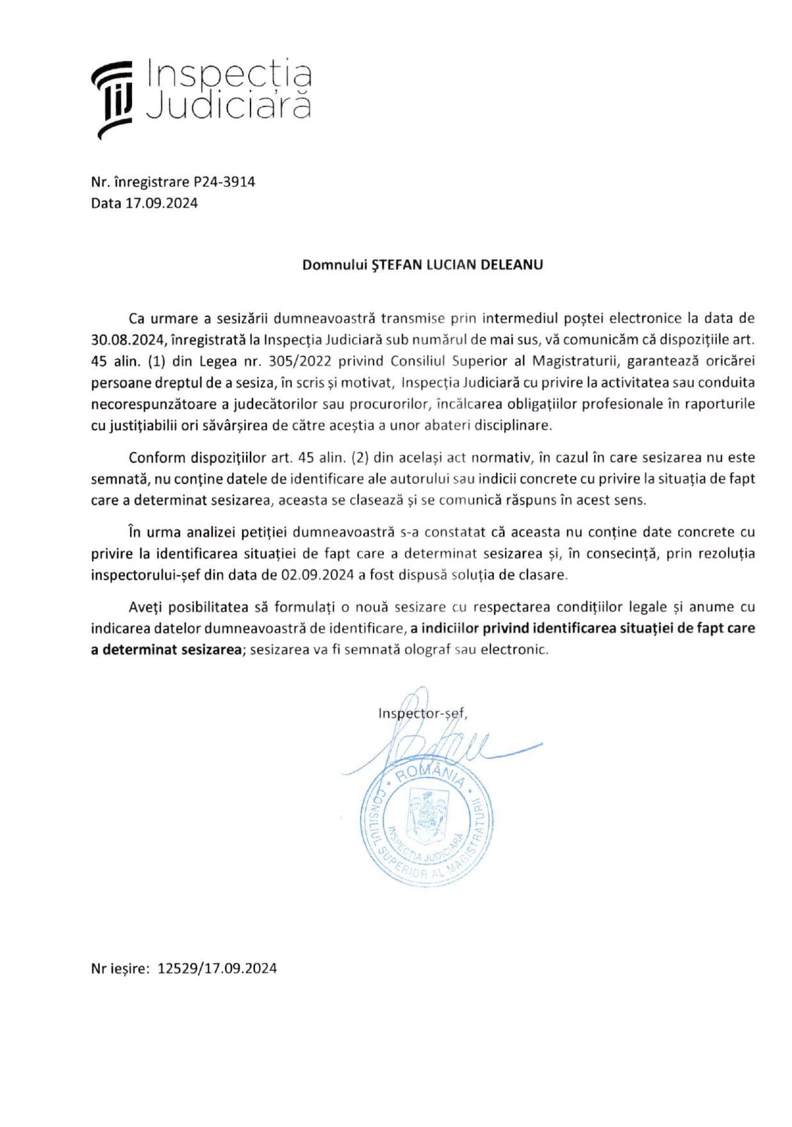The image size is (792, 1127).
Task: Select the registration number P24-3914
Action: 224,182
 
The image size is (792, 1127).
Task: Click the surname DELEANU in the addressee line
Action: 511,265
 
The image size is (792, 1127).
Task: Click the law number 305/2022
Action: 299,361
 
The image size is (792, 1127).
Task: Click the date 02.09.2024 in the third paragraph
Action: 317,575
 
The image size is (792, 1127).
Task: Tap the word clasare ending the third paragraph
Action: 543,575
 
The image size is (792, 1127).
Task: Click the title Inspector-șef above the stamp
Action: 422,714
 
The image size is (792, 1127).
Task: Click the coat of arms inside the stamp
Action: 428,815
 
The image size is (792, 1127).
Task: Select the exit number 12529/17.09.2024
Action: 217,969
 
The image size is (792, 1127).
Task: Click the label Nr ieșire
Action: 120,969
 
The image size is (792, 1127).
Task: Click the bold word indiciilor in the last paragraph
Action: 449,628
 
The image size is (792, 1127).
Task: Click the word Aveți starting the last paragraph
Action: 145,607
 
